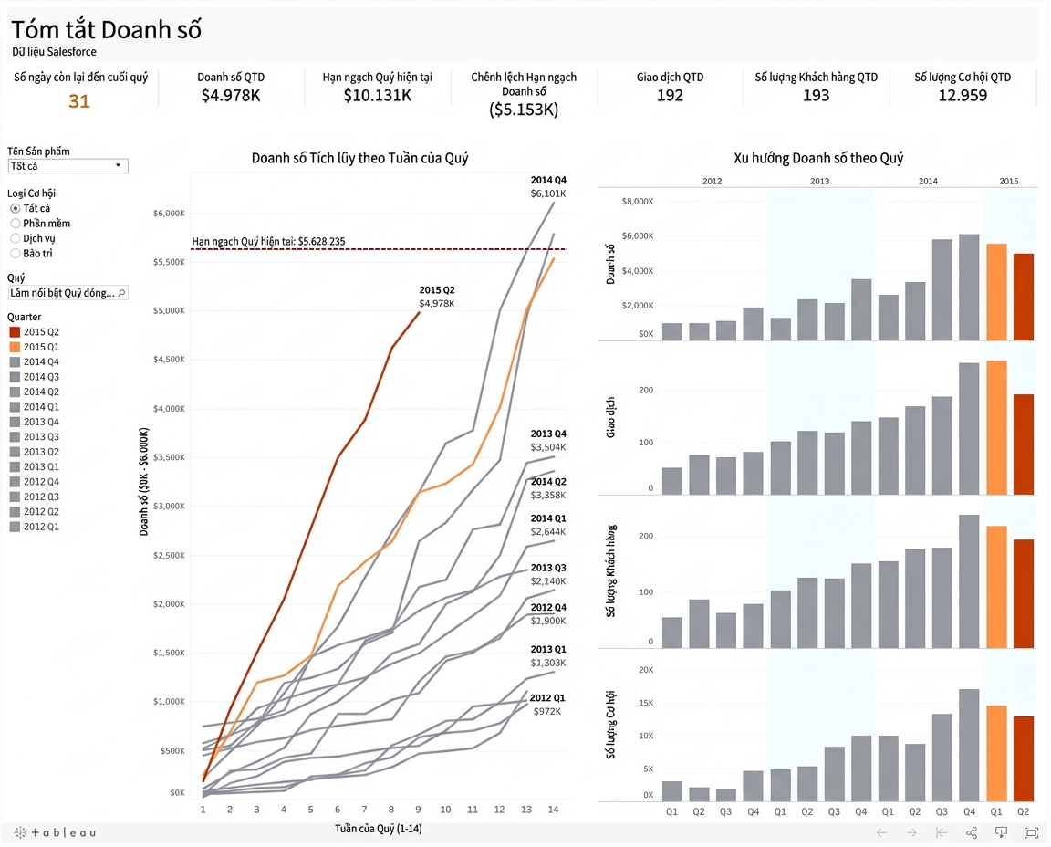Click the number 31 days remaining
pyautogui.click(x=79, y=100)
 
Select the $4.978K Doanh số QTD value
pyautogui.click(x=231, y=95)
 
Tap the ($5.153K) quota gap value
pyautogui.click(x=524, y=110)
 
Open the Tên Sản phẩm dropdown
pyautogui.click(x=68, y=165)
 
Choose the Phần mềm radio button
pyautogui.click(x=15, y=224)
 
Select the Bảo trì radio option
pyautogui.click(x=15, y=254)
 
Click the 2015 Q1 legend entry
pyautogui.click(x=34, y=347)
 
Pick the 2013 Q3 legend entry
pyautogui.click(x=34, y=436)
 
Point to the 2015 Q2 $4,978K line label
pyautogui.click(x=437, y=297)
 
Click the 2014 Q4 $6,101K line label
pyautogui.click(x=548, y=186)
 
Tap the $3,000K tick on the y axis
pyautogui.click(x=169, y=507)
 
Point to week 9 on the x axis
pyautogui.click(x=418, y=810)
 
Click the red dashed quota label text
pyautogui.click(x=269, y=242)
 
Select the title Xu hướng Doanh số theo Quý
pyautogui.click(x=818, y=158)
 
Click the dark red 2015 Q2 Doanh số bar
pyautogui.click(x=1024, y=297)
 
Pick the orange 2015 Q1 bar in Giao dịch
pyautogui.click(x=996, y=428)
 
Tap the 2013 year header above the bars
pyautogui.click(x=819, y=181)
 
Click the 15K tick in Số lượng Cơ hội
pyautogui.click(x=646, y=703)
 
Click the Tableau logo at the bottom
pyautogui.click(x=55, y=833)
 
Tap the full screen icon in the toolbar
pyautogui.click(x=1031, y=833)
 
